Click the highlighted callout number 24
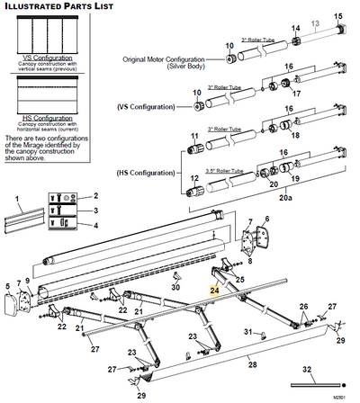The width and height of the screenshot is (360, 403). pyautogui.click(x=213, y=291)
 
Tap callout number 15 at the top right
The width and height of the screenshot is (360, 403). pyautogui.click(x=339, y=17)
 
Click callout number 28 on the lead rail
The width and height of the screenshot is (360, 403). pyautogui.click(x=253, y=363)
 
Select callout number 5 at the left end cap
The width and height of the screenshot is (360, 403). pyautogui.click(x=6, y=288)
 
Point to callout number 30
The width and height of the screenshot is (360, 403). pyautogui.click(x=176, y=288)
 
